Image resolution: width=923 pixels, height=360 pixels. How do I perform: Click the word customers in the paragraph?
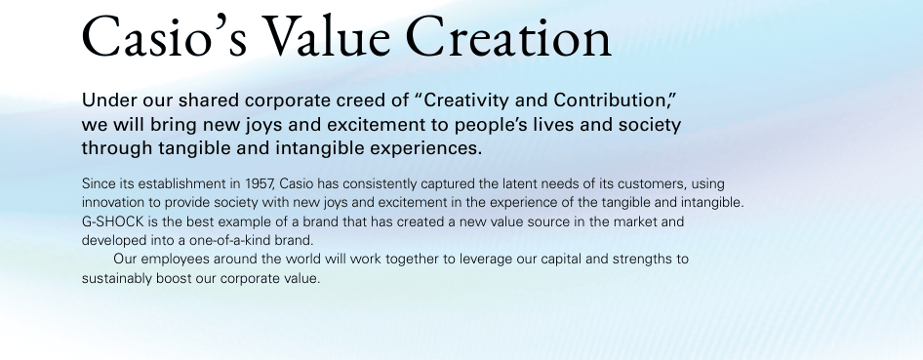click(641, 183)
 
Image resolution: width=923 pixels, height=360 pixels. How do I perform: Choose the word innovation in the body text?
click(115, 202)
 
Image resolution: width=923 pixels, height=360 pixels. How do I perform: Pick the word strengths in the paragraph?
click(641, 260)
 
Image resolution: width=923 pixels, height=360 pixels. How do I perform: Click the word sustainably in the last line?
click(118, 278)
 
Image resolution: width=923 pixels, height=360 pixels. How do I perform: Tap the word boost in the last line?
click(181, 278)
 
